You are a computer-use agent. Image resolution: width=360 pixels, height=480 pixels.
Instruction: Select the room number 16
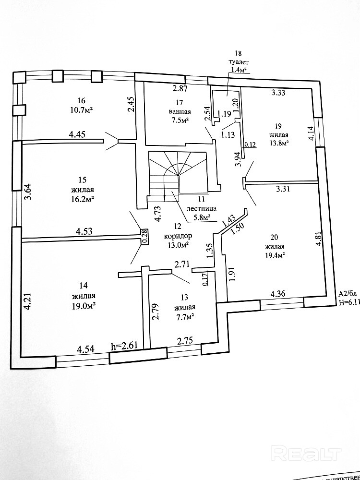click(81, 101)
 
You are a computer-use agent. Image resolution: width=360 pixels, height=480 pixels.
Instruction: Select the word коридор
click(178, 236)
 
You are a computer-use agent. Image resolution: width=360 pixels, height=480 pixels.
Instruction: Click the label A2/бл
click(348, 294)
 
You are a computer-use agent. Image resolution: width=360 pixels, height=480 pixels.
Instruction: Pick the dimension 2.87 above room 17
click(180, 88)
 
